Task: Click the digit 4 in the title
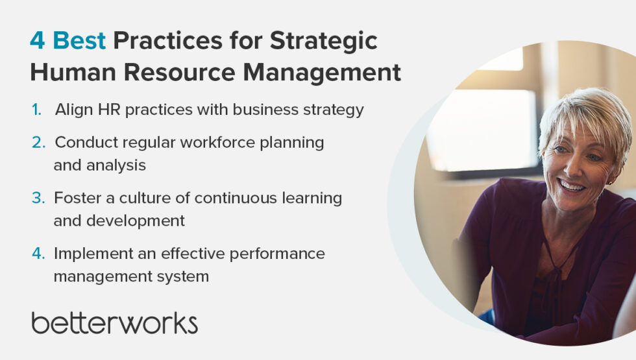(x=37, y=41)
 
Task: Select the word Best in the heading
(x=79, y=41)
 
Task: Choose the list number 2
(x=38, y=142)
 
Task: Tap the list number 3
(x=38, y=197)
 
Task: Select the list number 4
(x=38, y=253)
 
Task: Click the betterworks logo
(x=114, y=322)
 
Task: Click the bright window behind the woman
(x=480, y=130)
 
